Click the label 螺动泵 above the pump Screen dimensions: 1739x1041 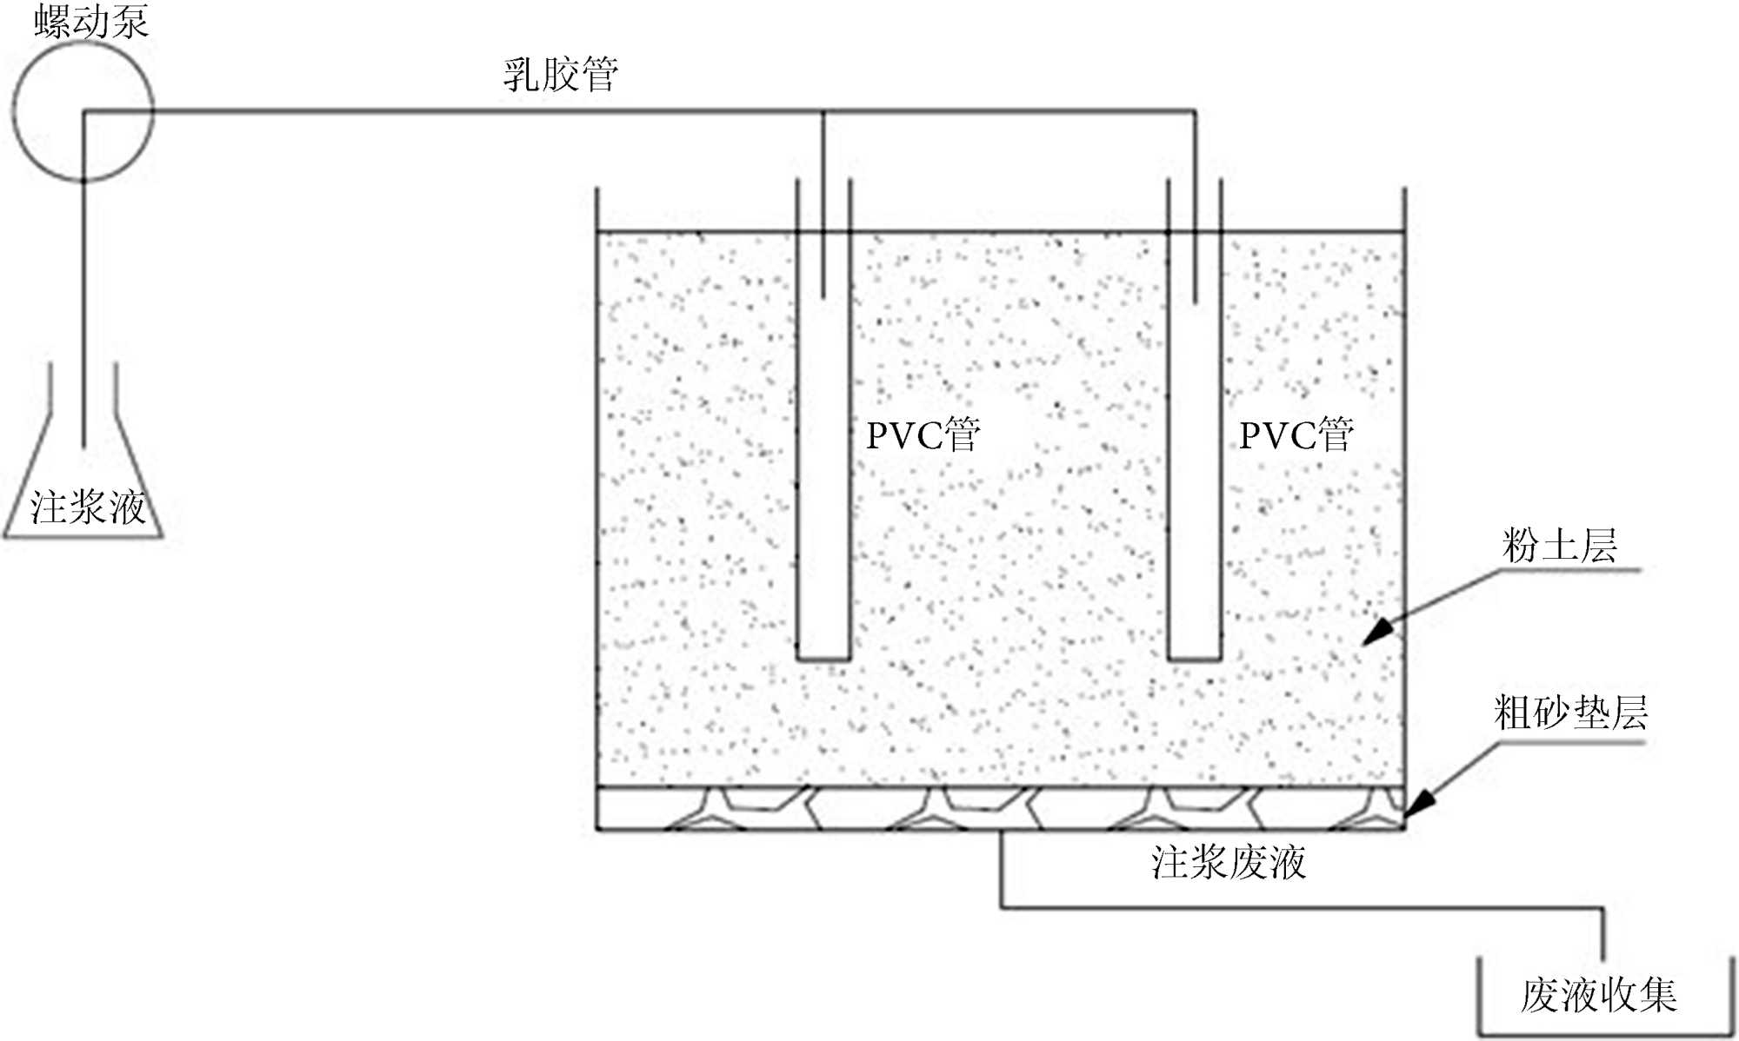[x=91, y=21]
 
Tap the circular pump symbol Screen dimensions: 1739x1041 [x=83, y=111]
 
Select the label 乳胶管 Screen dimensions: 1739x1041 [x=561, y=75]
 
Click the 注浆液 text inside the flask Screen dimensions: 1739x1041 [x=87, y=507]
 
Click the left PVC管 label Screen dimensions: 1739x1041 [x=923, y=434]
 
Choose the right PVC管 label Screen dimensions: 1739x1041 [x=1296, y=434]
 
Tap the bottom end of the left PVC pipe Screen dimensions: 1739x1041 [x=823, y=658]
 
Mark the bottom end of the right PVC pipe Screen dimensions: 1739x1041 [x=1195, y=658]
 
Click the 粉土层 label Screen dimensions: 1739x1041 [x=1560, y=546]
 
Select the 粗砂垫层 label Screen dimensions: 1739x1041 [x=1570, y=713]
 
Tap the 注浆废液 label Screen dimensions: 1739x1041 [x=1229, y=863]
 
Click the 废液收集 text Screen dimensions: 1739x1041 [x=1599, y=995]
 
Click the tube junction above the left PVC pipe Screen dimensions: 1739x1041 [x=823, y=111]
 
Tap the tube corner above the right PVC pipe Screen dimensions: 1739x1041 [x=1195, y=111]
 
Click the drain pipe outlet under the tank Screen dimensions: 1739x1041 [x=1002, y=832]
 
